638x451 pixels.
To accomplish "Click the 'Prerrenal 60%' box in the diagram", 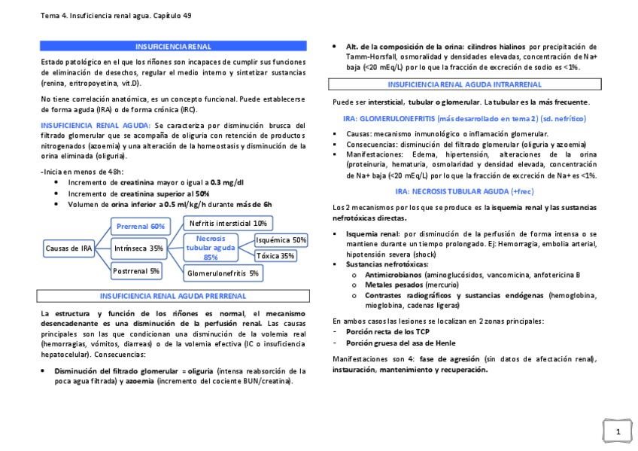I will [141, 226].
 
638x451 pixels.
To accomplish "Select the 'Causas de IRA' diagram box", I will [68, 248].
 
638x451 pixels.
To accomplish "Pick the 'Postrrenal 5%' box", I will [136, 270].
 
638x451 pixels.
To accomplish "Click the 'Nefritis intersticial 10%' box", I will [228, 223].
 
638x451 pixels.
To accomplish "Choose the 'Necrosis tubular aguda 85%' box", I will [211, 247].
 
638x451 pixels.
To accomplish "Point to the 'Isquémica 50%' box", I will [281, 240].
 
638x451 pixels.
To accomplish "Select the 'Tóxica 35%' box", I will [276, 256].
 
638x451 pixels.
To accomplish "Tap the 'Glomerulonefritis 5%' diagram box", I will [223, 273].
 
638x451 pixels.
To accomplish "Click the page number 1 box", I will [617, 431].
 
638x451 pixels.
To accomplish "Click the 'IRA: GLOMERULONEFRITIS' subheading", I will [464, 119].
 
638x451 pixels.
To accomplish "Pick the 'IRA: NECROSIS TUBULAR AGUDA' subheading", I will [464, 191].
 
